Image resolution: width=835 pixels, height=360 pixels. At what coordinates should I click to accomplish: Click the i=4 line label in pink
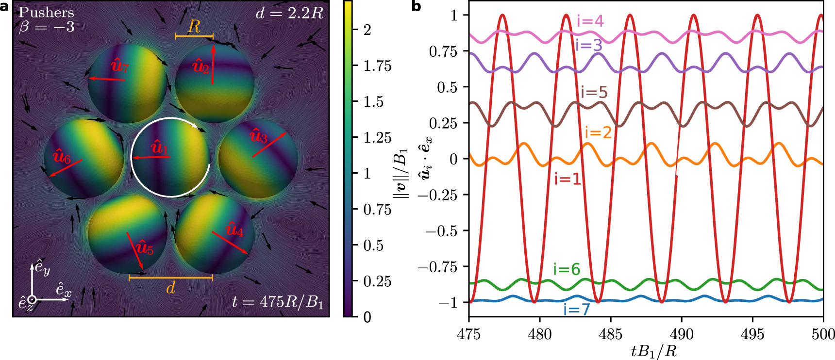pos(590,21)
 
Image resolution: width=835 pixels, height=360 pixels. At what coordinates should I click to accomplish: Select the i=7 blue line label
pos(576,309)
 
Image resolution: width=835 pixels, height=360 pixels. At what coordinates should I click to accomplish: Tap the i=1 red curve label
pos(568,179)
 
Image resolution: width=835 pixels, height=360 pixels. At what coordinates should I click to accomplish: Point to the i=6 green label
pos(567,269)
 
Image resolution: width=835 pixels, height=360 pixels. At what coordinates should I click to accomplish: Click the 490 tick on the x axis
pos(681,334)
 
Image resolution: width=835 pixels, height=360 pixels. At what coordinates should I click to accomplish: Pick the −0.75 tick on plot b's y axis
pos(441,267)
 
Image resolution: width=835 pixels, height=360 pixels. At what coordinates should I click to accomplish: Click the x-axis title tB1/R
pos(653,351)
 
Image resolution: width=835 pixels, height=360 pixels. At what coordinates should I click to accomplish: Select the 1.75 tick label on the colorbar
pos(377,66)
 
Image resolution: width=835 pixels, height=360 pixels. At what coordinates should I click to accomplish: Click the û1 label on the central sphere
pos(159,147)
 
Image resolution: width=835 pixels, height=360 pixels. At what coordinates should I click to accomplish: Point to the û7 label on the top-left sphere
pos(119,65)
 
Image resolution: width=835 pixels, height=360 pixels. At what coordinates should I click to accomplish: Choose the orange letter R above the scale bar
pos(194,27)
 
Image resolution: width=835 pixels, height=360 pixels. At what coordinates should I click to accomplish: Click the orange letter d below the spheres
pos(170,288)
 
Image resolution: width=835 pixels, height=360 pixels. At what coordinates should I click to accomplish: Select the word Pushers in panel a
pos(46,12)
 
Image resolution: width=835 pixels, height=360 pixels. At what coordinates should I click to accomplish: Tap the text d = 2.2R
pos(289,13)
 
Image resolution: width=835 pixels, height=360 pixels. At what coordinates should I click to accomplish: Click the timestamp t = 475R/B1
pos(277,302)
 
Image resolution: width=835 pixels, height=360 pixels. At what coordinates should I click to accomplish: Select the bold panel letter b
pos(416,7)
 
